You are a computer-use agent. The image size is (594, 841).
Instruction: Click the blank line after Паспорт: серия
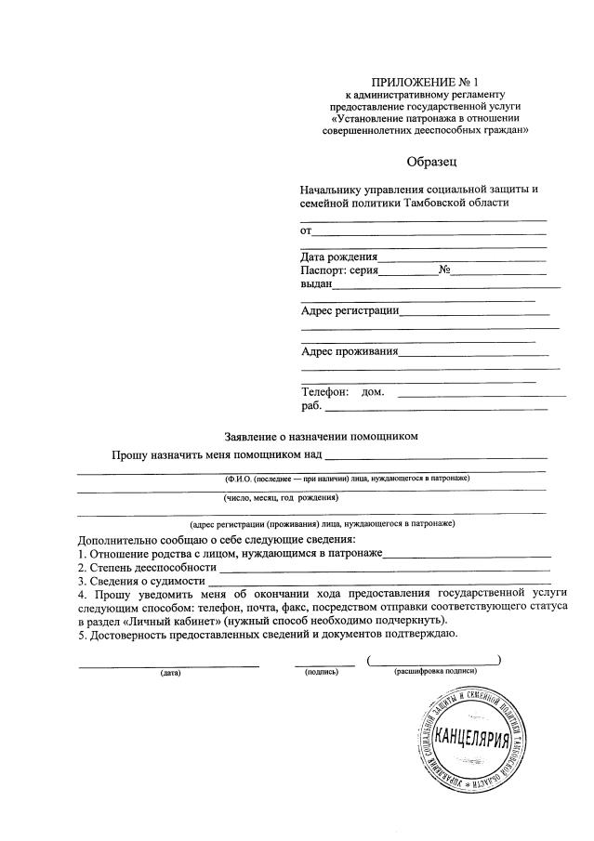[408, 271]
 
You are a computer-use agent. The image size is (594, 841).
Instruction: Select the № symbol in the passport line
[444, 270]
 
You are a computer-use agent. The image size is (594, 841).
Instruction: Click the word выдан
[316, 284]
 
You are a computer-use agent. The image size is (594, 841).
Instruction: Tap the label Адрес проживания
[350, 351]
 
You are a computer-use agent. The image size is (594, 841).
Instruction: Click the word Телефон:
[324, 392]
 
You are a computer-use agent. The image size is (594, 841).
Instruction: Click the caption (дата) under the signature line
[170, 672]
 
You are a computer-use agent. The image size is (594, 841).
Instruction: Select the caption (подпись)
[322, 672]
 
